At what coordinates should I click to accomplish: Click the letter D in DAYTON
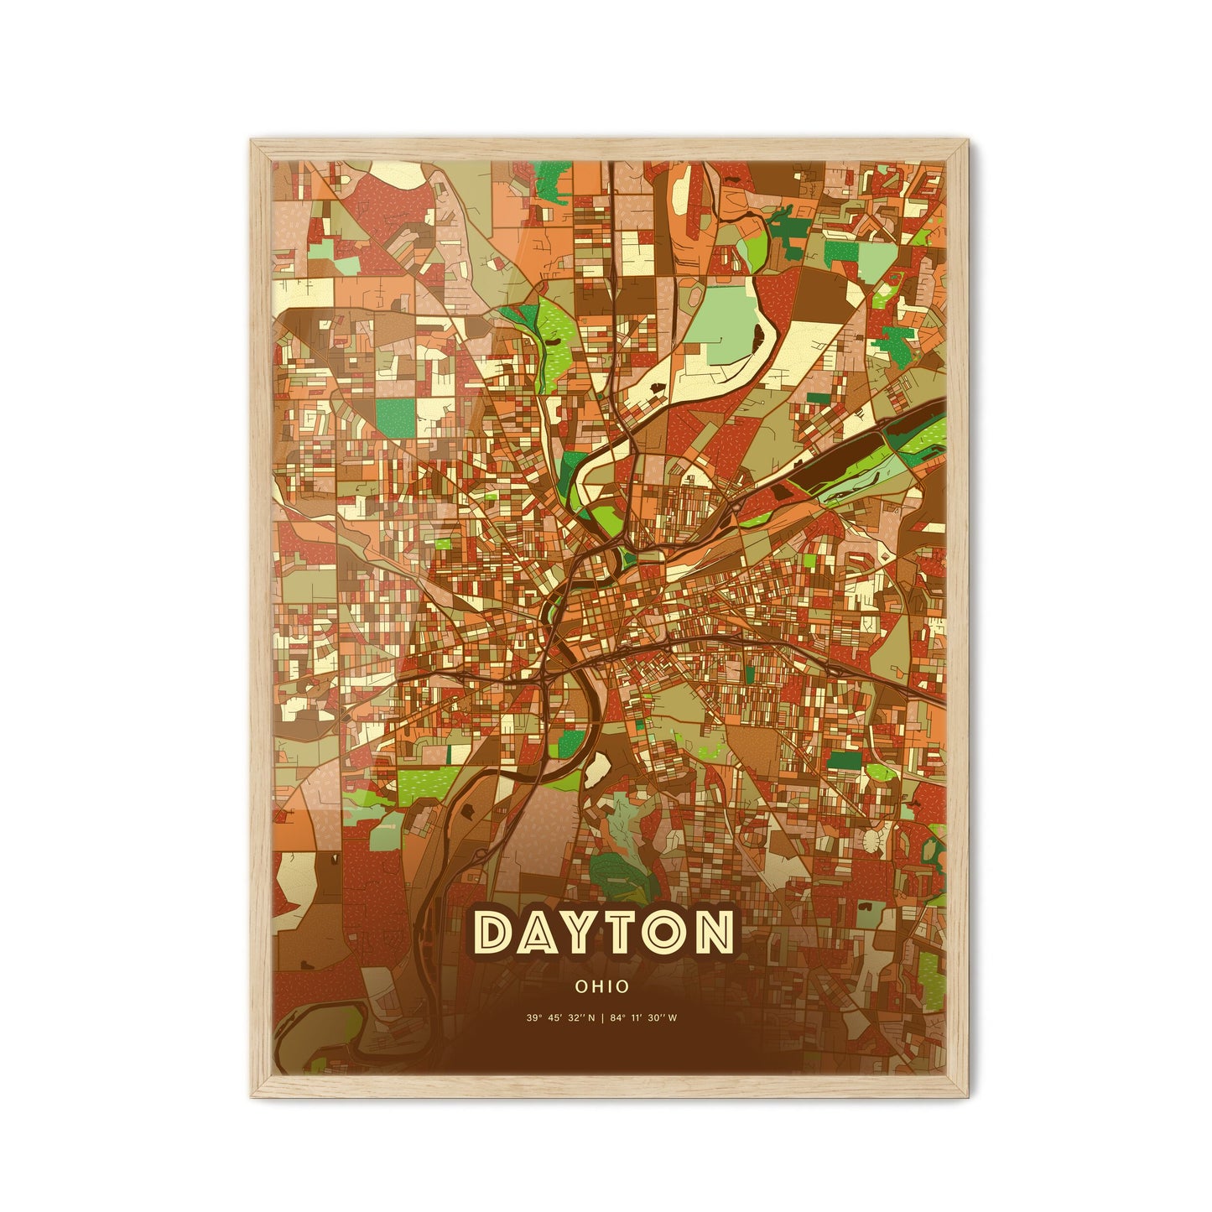[x=495, y=932]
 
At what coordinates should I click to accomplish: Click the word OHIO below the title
[x=602, y=987]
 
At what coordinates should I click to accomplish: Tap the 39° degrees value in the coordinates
[x=533, y=1019]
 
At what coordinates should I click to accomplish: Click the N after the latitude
[x=591, y=1019]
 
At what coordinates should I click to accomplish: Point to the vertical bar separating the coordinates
[x=603, y=1019]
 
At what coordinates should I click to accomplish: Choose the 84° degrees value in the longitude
[x=616, y=1019]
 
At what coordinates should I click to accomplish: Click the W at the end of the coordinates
[x=674, y=1019]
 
